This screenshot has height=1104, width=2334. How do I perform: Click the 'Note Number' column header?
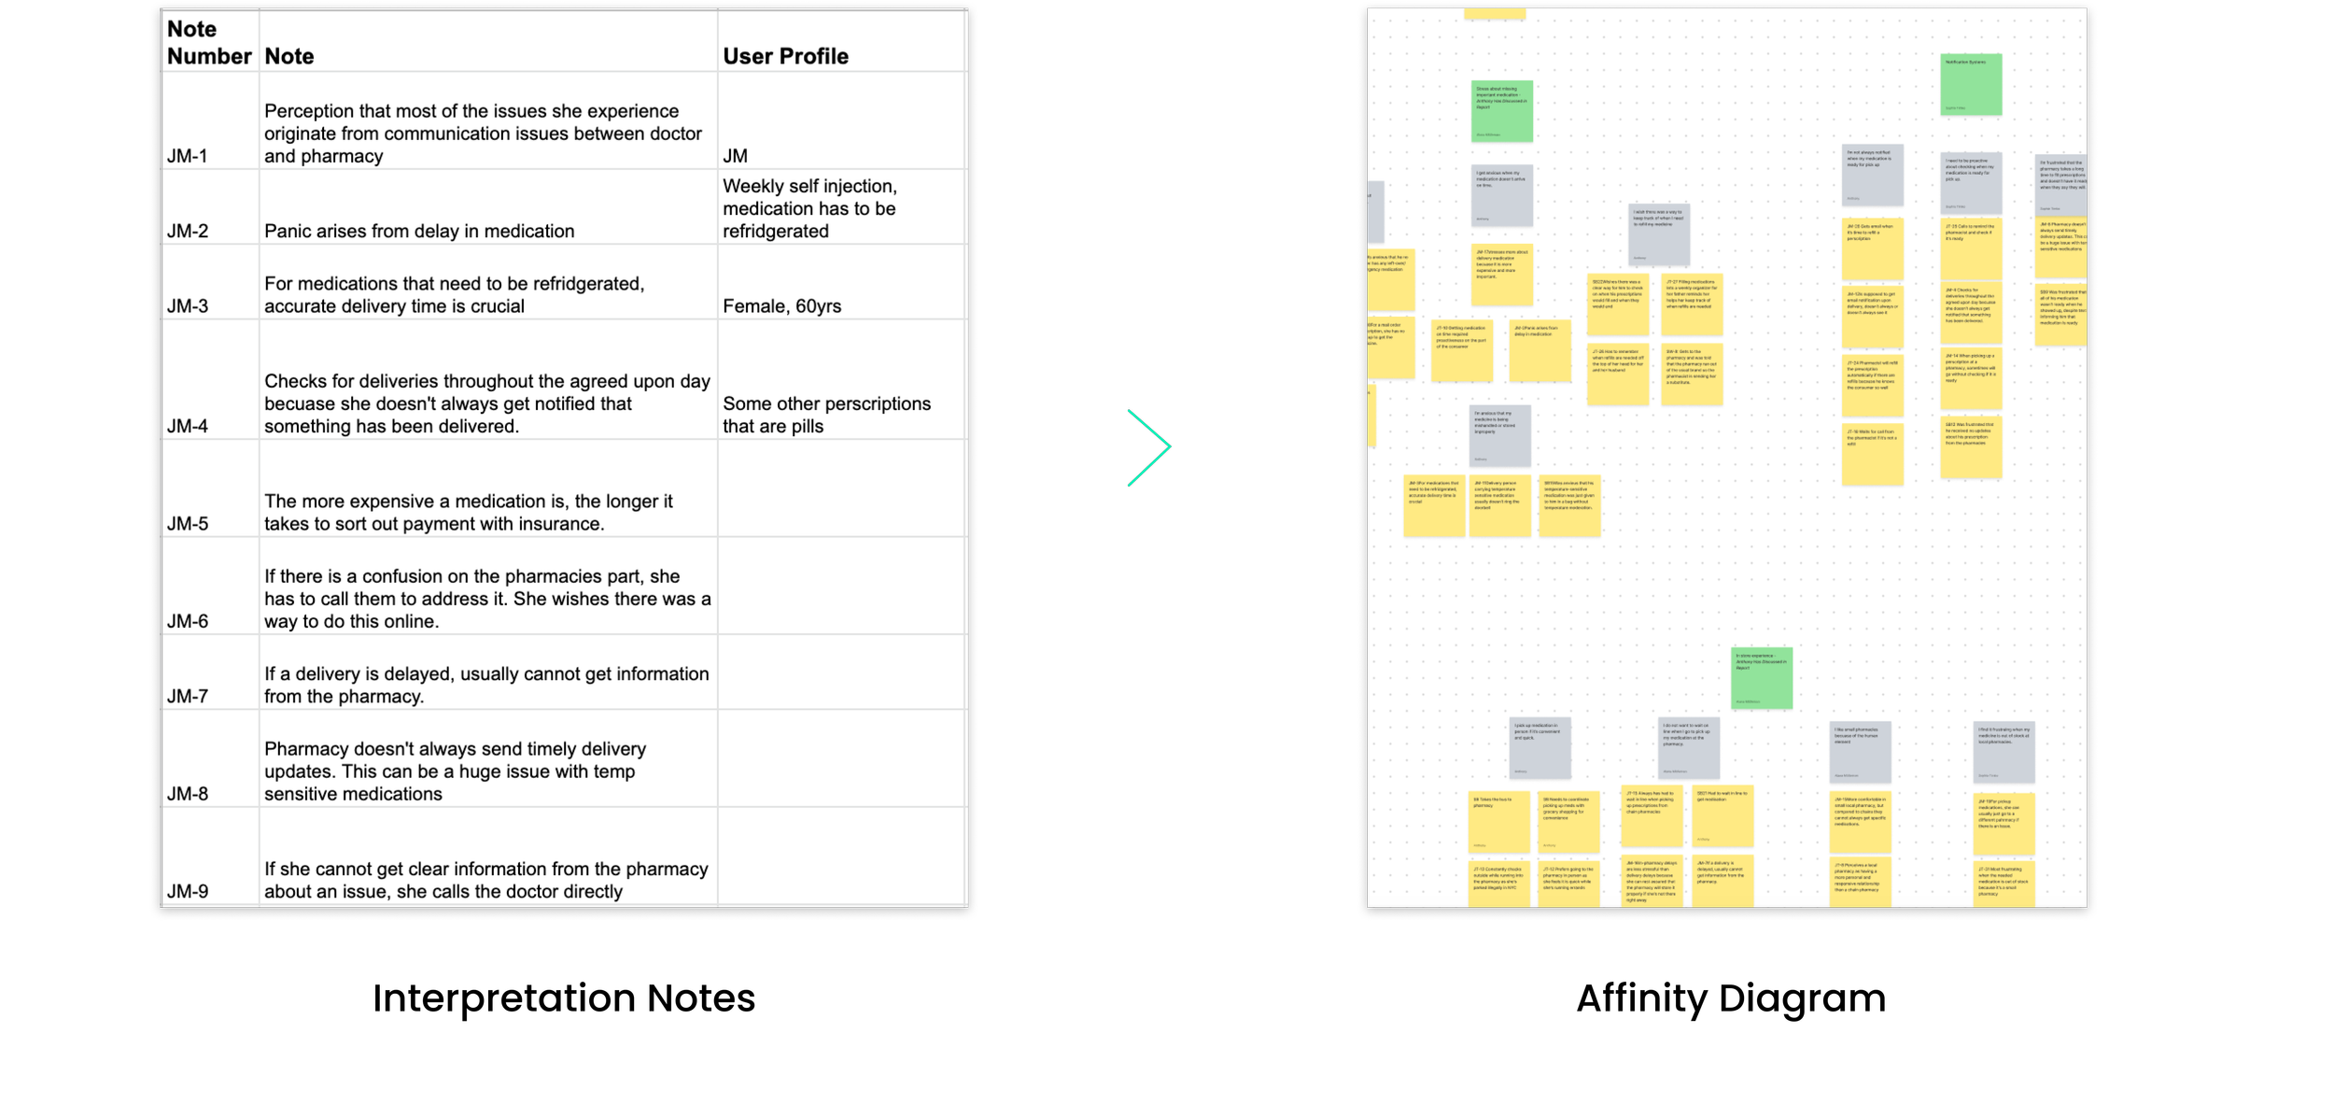209,43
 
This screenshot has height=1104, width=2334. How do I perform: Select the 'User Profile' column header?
785,56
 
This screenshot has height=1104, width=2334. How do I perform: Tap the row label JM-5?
188,524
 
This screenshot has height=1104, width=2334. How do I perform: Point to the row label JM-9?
188,891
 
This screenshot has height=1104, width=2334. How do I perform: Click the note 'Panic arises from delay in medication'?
419,231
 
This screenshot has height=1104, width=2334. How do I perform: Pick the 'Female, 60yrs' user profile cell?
781,306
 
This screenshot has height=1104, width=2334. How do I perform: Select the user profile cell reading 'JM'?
735,156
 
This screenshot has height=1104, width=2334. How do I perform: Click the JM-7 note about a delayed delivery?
486,685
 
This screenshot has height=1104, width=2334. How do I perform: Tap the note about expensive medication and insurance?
468,512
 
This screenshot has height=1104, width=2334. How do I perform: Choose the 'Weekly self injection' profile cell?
809,208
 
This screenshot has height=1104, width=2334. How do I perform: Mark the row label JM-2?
188,231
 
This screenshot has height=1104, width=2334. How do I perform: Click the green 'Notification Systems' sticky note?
1971,85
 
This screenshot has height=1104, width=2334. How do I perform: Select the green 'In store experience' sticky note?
1761,678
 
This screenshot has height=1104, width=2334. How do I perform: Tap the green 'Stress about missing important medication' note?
1502,111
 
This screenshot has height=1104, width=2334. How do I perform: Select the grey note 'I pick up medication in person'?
1540,748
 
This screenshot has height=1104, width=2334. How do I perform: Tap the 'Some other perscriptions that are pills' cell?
826,415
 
